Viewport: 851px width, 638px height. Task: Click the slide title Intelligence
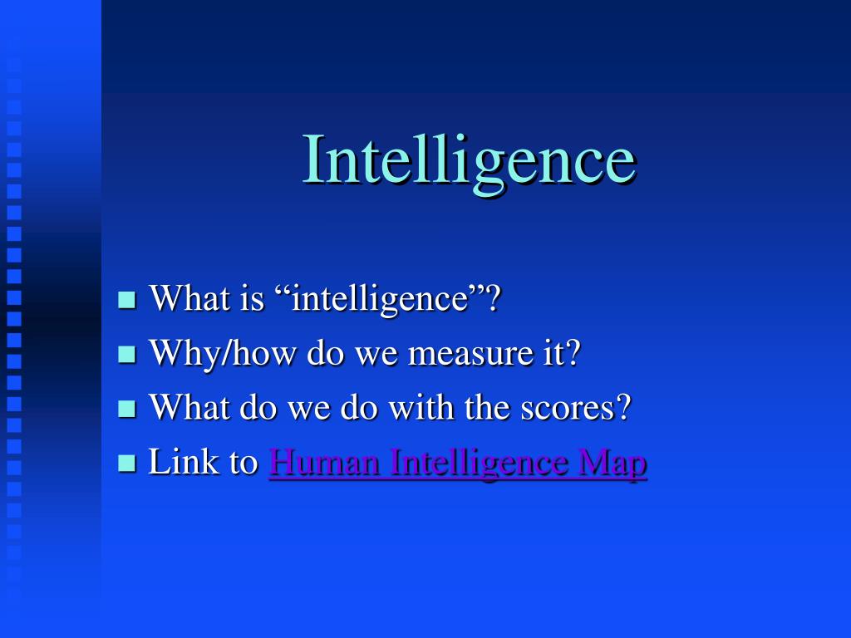[x=469, y=160]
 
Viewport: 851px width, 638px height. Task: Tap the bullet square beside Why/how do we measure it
[x=127, y=355]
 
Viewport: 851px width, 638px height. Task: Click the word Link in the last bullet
[x=175, y=463]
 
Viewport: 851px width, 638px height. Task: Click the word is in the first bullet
[x=252, y=297]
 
